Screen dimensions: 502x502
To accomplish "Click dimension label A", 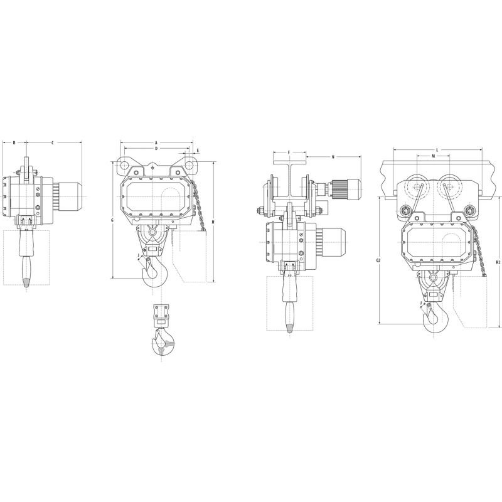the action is pos(156,142).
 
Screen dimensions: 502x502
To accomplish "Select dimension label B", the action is pos(14,143).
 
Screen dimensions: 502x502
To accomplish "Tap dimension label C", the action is pos(53,143).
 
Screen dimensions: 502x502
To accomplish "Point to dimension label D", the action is pos(156,148).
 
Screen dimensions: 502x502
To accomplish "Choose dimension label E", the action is pos(198,150).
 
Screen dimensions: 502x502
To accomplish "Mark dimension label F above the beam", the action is pos(289,152).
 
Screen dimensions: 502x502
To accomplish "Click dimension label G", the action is pos(112,220).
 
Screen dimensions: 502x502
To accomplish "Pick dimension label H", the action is pos(213,222).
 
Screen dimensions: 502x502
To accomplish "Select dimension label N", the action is pos(333,157).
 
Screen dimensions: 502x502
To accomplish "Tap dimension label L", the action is pos(437,149).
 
